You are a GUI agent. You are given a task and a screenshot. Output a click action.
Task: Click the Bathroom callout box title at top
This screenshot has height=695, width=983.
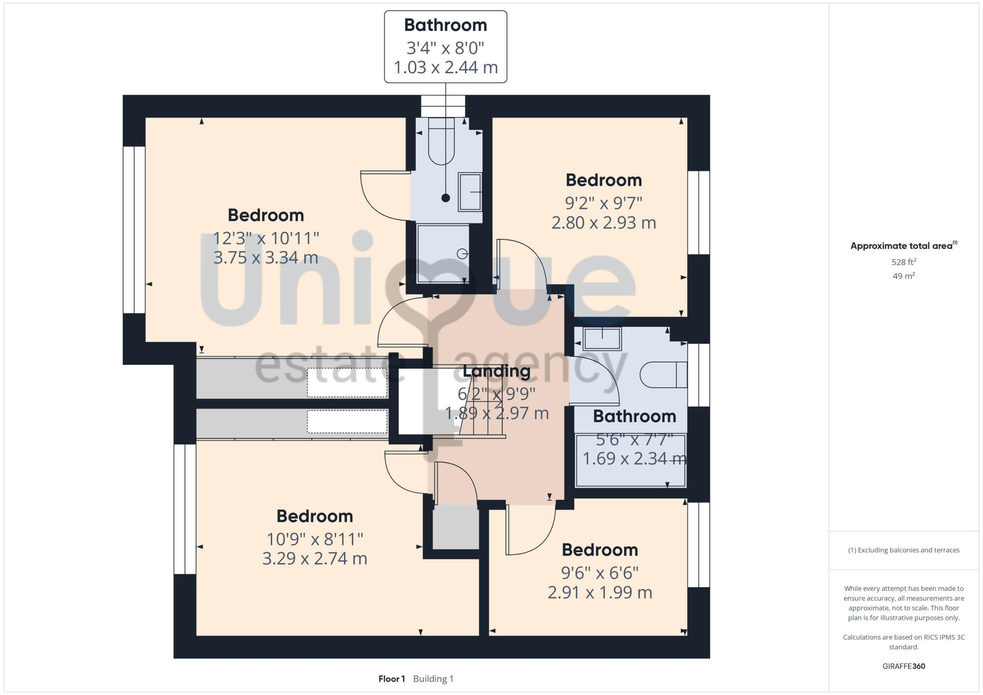tap(445, 25)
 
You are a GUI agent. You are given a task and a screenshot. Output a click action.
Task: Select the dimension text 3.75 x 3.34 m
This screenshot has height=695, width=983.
tap(266, 258)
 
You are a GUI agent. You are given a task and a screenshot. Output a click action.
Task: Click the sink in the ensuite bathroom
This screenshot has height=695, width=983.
tap(469, 192)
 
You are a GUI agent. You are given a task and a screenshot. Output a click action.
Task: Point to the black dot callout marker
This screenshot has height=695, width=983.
tap(445, 198)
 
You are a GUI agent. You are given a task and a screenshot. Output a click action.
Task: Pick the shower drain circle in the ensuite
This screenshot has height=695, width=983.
tap(462, 254)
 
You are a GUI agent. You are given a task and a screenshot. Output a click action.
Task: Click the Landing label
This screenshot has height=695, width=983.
tap(496, 371)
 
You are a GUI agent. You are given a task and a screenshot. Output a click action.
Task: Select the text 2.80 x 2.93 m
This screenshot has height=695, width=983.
tap(604, 223)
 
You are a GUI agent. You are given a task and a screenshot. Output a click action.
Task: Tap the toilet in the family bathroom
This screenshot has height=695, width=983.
tap(663, 375)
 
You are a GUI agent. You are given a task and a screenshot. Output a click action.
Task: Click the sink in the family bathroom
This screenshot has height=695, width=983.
tap(602, 339)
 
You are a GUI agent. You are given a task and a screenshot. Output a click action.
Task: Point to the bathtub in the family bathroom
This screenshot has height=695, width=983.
tap(630, 461)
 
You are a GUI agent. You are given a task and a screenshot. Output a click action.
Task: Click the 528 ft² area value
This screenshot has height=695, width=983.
tap(903, 262)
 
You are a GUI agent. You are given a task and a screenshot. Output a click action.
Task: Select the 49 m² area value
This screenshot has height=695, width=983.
tap(903, 276)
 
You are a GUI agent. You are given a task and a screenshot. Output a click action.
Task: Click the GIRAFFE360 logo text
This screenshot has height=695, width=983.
tap(903, 666)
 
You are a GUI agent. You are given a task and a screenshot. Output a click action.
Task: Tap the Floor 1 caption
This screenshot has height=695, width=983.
tap(392, 679)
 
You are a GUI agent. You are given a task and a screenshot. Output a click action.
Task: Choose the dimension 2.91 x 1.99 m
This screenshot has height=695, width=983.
tap(600, 592)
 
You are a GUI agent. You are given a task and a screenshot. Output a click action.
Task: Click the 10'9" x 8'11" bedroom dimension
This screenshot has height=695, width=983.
tap(315, 539)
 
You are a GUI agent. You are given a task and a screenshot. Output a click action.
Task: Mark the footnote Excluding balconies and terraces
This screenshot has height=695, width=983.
tap(903, 550)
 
